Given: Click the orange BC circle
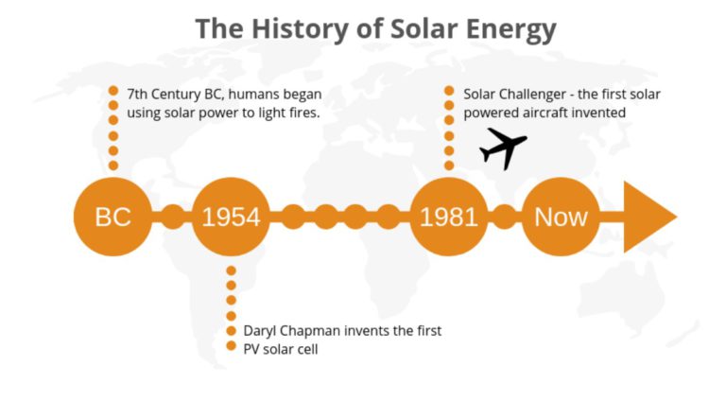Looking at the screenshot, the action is pos(112,217).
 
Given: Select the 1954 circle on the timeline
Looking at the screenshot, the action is pos(231,217).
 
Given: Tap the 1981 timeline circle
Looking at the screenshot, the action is pos(449,217).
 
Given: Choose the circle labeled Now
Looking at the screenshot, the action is pos(561,217).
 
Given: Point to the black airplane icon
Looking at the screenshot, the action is pos(503,148).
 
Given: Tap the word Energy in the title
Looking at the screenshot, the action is pos(510,30).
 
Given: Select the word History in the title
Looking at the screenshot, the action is pos(299,29).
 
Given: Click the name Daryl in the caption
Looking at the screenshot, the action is pos(260,332).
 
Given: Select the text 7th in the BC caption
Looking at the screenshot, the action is pos(137,94).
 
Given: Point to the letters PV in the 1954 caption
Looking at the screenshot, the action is pos(251,349).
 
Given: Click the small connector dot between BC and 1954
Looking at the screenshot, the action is pos(172,217).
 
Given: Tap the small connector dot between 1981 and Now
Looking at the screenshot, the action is pos(505,217).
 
